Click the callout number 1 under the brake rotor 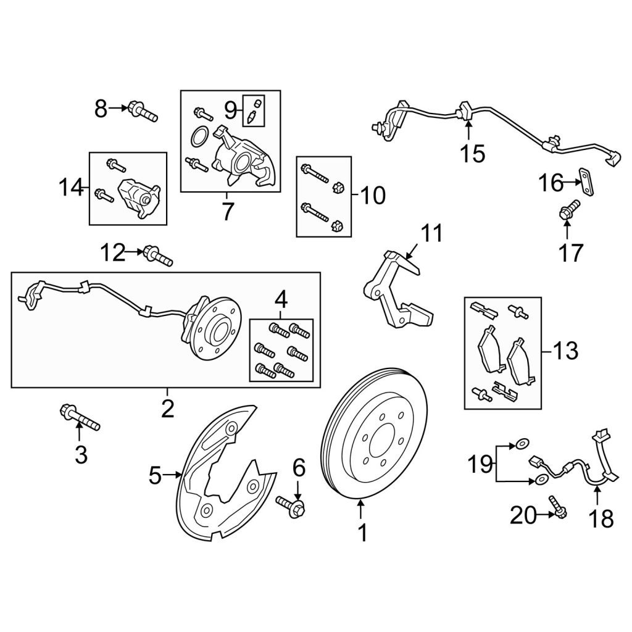tap(363, 533)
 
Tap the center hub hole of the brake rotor tap(380, 441)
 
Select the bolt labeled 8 tap(143, 111)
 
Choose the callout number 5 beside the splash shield tap(155, 476)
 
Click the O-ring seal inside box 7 tap(199, 137)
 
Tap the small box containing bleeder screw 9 tap(254, 111)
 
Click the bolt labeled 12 tap(159, 256)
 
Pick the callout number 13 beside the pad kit tap(565, 351)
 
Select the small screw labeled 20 tap(557, 507)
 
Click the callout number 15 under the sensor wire tap(472, 154)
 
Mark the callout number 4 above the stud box tap(281, 301)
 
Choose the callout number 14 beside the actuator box tap(72, 188)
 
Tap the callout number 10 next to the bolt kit tap(373, 196)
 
